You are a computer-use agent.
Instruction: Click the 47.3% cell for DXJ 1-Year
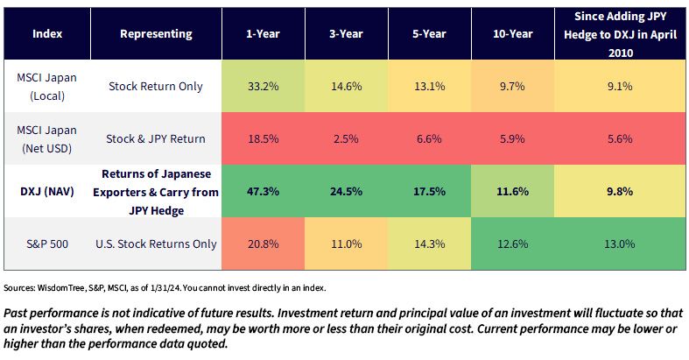(x=263, y=191)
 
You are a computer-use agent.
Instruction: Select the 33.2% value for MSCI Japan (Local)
(x=263, y=86)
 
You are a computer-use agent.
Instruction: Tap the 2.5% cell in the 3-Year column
(x=346, y=139)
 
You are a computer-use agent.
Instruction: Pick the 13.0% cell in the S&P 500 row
(x=620, y=244)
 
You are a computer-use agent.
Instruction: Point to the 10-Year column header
(x=513, y=34)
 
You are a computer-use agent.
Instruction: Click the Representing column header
(x=156, y=34)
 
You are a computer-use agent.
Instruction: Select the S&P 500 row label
(x=47, y=244)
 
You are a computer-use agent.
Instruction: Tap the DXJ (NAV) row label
(x=47, y=191)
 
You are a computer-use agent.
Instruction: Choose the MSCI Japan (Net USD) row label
(x=47, y=139)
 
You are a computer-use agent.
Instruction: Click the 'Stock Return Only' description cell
(x=156, y=86)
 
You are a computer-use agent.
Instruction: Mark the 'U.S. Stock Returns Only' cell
(x=156, y=244)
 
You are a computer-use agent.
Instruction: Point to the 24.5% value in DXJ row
(x=346, y=191)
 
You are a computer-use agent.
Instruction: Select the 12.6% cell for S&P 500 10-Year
(x=513, y=244)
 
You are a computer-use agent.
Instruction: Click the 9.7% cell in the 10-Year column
(x=513, y=86)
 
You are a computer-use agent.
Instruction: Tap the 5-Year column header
(x=429, y=34)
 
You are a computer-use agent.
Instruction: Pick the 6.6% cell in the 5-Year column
(x=429, y=139)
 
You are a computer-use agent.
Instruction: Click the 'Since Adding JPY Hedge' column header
(x=620, y=34)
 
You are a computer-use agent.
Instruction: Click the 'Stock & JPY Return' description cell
(x=156, y=139)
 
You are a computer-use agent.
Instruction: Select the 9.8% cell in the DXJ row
(x=620, y=191)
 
